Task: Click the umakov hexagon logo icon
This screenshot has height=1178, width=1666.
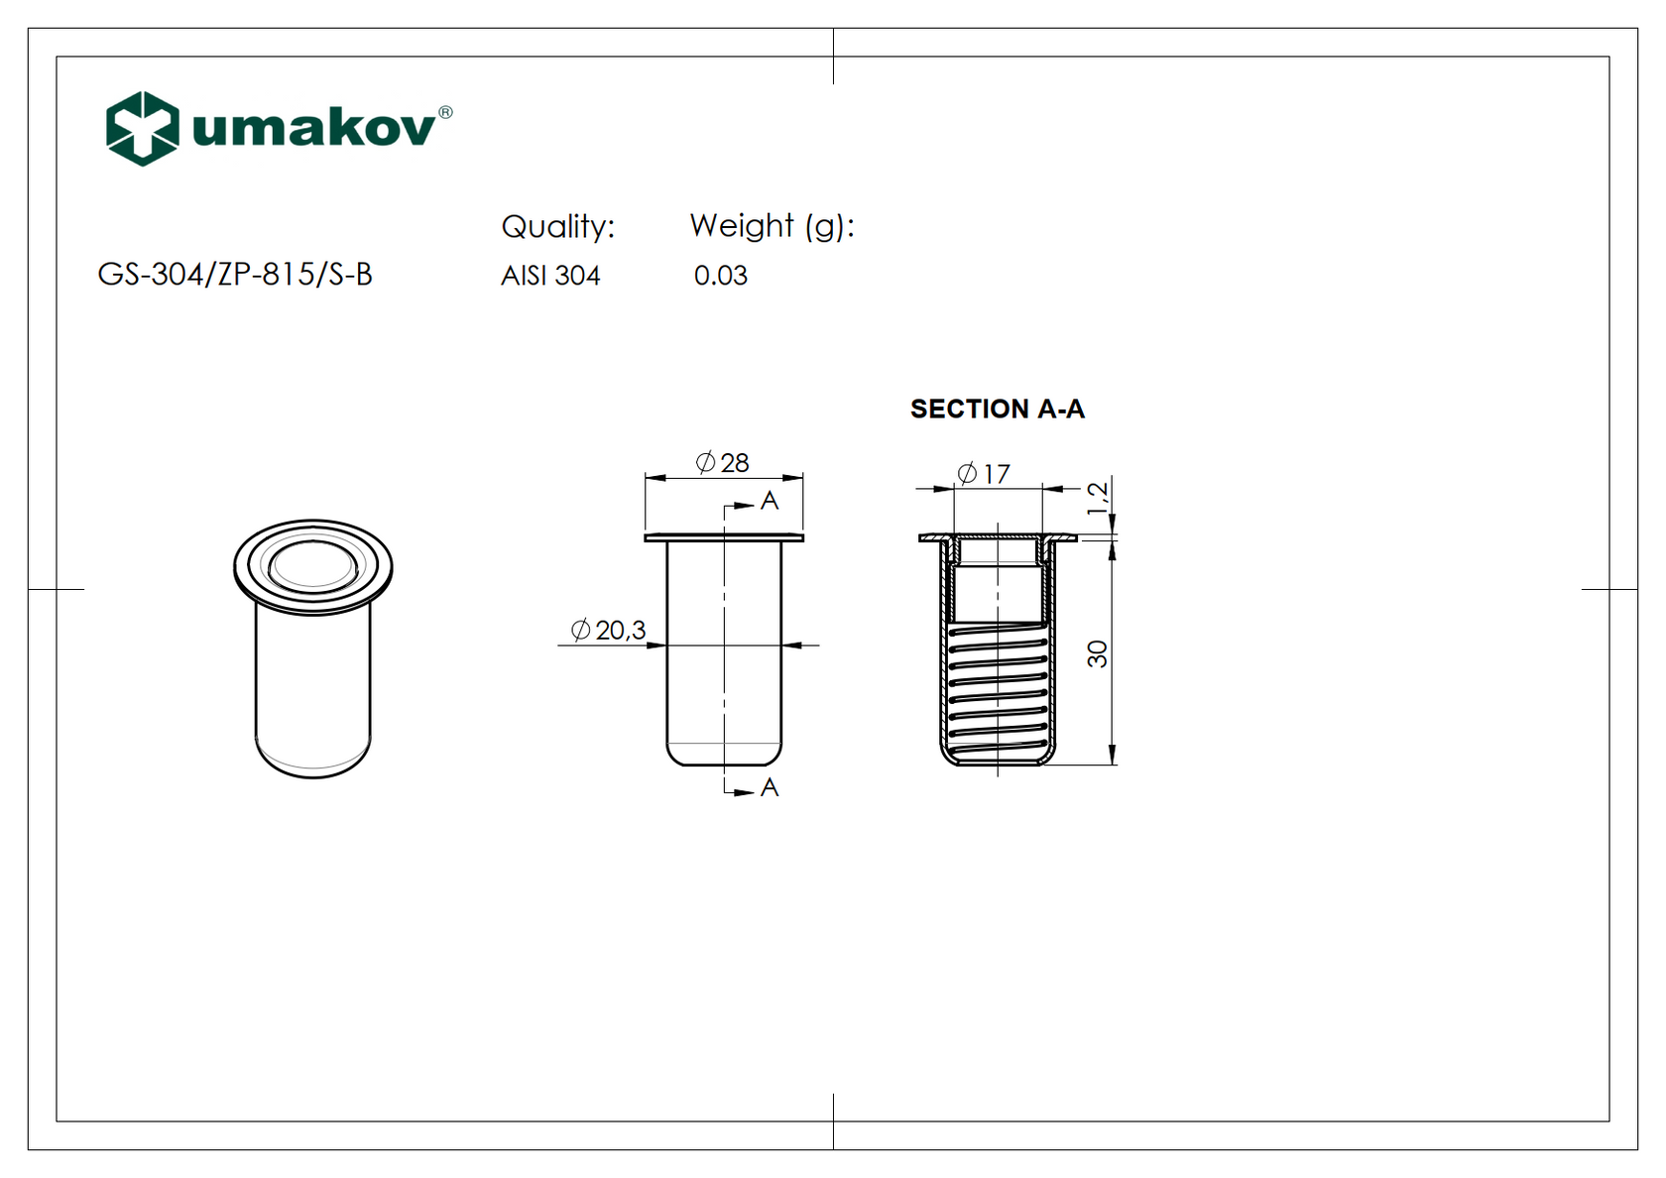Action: point(143,129)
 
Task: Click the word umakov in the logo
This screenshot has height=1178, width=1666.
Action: point(313,128)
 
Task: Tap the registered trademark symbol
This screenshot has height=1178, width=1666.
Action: point(445,112)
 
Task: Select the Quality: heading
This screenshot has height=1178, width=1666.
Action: point(557,226)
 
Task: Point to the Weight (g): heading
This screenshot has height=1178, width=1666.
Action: point(772,226)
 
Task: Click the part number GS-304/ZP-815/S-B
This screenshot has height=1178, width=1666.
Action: point(235,275)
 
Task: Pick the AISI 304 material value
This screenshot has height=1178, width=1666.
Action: point(550,276)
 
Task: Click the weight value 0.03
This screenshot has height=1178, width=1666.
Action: point(721,276)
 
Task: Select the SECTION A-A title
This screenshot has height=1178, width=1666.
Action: point(998,409)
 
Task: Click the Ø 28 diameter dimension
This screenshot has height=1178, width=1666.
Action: point(722,462)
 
